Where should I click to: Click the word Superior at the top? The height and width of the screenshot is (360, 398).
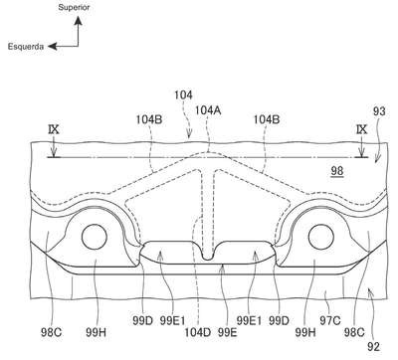(x=74, y=7)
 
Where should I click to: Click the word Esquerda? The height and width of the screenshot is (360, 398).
(x=26, y=47)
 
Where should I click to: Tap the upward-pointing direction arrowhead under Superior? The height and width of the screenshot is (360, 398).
(x=79, y=21)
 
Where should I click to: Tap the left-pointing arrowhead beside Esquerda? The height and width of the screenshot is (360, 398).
(x=53, y=47)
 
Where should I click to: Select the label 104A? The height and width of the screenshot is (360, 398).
(x=208, y=110)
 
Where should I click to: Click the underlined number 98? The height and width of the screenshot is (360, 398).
(x=337, y=171)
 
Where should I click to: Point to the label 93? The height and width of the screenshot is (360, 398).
(x=379, y=111)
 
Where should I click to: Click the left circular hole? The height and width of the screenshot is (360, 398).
(x=95, y=237)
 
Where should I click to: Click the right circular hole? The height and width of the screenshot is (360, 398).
(x=321, y=237)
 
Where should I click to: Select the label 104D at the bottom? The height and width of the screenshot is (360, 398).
(x=198, y=332)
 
